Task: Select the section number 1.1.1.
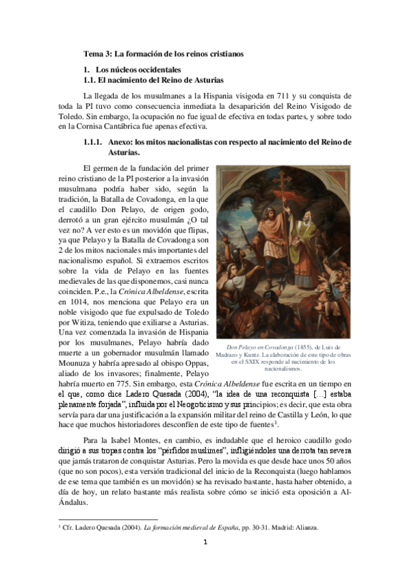[93, 142]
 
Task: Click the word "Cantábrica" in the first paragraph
[132, 126]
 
